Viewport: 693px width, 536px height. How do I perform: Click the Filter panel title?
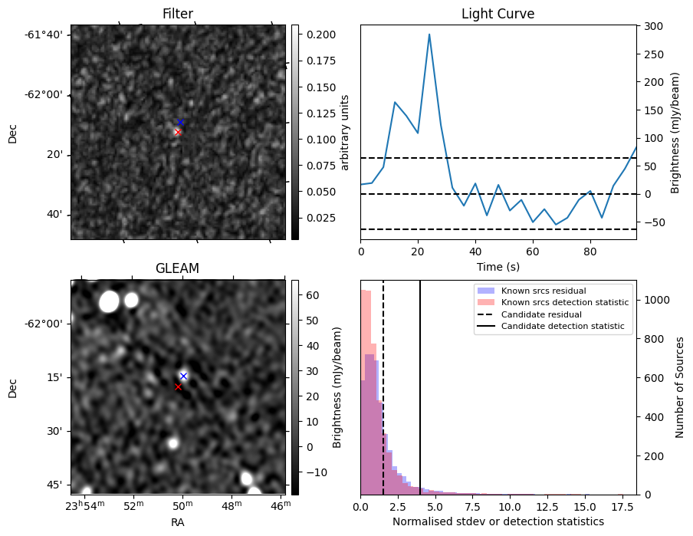point(178,14)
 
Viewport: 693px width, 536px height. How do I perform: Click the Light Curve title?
point(498,14)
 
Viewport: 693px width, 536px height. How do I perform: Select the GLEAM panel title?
point(178,268)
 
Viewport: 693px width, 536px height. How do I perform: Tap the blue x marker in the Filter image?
point(180,123)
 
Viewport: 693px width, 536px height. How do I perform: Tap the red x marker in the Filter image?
point(178,132)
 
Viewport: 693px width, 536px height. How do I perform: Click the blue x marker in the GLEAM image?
point(183,376)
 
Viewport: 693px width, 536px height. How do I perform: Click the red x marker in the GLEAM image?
point(178,386)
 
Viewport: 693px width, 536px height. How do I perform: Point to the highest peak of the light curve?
point(429,35)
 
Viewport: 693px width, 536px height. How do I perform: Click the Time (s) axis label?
point(498,265)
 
